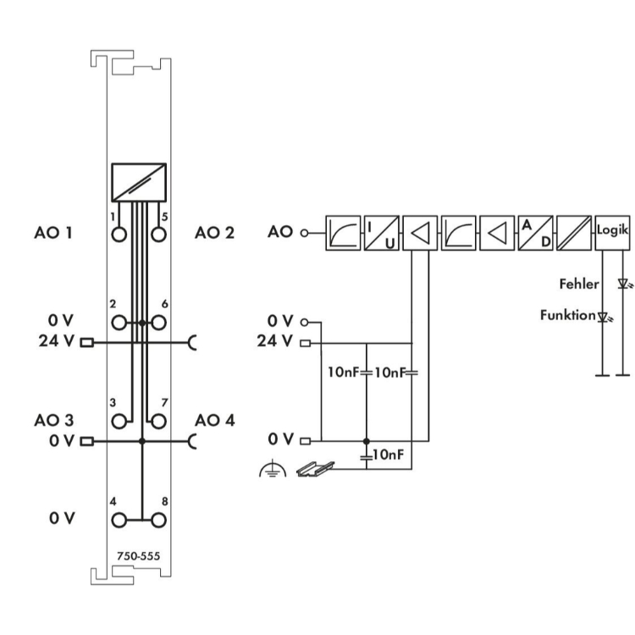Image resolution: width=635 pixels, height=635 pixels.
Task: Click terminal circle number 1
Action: tap(120, 234)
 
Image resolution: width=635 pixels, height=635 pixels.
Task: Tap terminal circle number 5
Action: tap(157, 234)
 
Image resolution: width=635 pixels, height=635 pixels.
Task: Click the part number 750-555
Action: tap(139, 556)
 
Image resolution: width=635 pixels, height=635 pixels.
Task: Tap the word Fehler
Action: tap(580, 285)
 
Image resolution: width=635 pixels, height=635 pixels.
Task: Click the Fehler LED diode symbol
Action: tap(625, 285)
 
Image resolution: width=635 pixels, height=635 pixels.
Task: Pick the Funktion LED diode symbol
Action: tap(603, 317)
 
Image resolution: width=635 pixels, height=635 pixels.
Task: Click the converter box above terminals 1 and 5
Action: tap(139, 180)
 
